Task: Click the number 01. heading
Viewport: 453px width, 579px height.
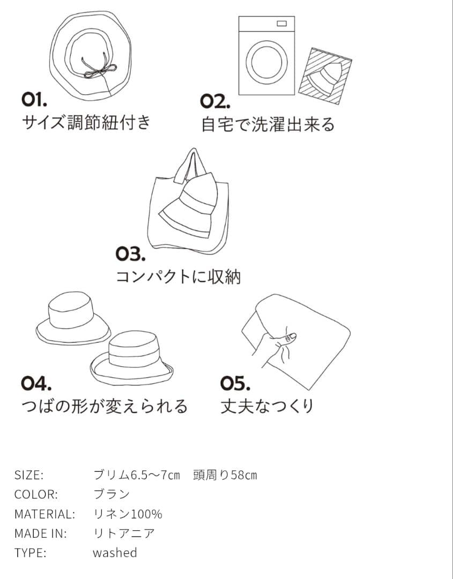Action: click(x=35, y=99)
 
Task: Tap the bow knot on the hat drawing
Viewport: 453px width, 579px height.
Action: click(x=99, y=69)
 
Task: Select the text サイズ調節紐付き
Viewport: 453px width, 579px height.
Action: click(x=86, y=123)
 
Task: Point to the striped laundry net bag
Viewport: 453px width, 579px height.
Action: click(x=325, y=76)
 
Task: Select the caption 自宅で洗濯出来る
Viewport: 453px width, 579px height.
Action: click(x=268, y=124)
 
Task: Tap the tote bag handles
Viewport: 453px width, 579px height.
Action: click(x=190, y=164)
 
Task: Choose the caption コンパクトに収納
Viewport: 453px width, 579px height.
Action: click(x=179, y=277)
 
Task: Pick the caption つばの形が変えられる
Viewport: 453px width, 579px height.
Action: click(x=105, y=406)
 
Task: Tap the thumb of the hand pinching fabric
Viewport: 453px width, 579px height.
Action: click(x=289, y=337)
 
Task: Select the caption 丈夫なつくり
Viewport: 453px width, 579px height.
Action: click(x=267, y=406)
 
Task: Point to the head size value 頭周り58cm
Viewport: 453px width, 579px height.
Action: click(x=225, y=475)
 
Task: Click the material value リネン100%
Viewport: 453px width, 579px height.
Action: click(x=128, y=514)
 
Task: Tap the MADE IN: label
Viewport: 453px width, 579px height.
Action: click(x=41, y=533)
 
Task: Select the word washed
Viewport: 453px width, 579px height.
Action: click(x=115, y=553)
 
